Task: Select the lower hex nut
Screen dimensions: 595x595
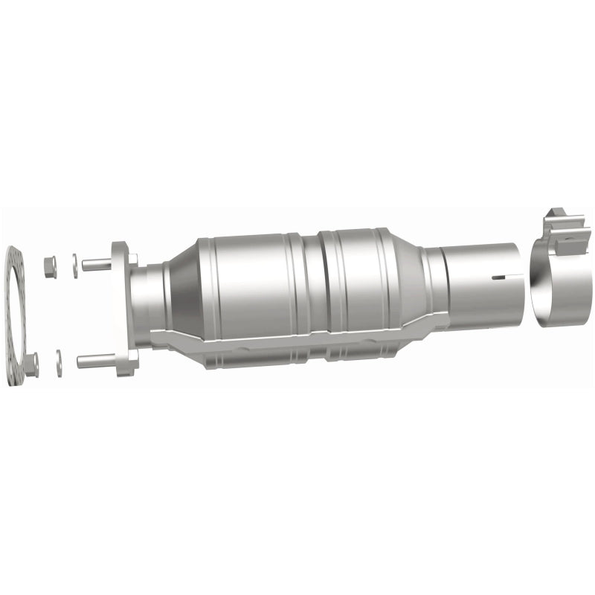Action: pos(31,364)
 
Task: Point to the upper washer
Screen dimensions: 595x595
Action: pos(74,266)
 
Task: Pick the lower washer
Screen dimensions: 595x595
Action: pos(59,359)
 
